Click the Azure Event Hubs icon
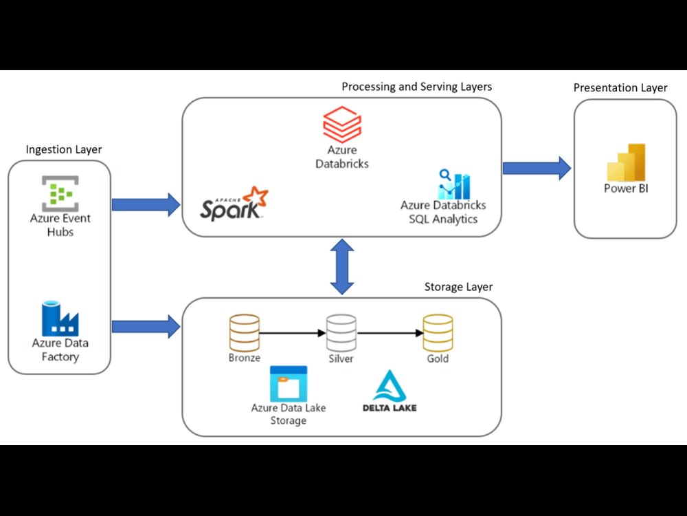click(60, 193)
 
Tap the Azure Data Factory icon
click(60, 318)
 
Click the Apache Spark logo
click(234, 204)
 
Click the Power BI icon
click(626, 162)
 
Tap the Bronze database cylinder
click(245, 333)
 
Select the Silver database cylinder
click(341, 333)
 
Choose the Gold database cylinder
click(438, 333)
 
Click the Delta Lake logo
click(390, 391)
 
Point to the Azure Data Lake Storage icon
click(289, 384)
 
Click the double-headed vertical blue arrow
click(342, 267)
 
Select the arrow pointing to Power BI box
click(537, 168)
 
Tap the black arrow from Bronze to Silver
click(293, 334)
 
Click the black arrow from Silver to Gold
click(390, 334)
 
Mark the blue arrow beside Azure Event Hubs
click(145, 204)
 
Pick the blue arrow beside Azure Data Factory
click(145, 326)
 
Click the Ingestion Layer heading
click(63, 149)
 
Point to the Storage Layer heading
click(458, 286)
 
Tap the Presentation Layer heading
click(620, 87)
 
